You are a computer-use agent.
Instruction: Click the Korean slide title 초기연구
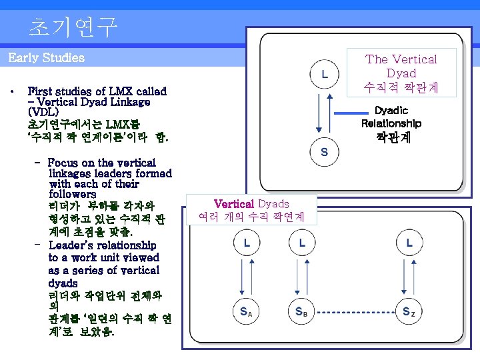click(x=73, y=27)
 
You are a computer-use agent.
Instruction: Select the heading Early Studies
click(x=47, y=58)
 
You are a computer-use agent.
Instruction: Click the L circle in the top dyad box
click(x=324, y=73)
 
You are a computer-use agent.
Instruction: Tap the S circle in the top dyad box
click(x=324, y=151)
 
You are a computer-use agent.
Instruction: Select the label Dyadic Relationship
click(x=391, y=117)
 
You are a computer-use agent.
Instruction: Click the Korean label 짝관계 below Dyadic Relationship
click(x=391, y=138)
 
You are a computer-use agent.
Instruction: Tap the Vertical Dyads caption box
click(x=251, y=210)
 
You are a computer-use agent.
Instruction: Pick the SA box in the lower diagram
click(x=246, y=311)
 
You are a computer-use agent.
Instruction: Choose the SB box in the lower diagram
click(x=301, y=311)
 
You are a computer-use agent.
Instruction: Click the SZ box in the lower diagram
click(x=409, y=311)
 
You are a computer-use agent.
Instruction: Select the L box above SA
click(x=246, y=243)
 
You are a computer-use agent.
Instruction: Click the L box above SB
click(x=301, y=243)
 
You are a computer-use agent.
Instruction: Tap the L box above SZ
click(x=409, y=243)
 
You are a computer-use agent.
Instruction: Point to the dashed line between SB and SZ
click(x=355, y=311)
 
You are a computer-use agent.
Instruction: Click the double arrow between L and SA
click(x=246, y=277)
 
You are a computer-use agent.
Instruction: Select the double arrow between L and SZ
click(x=409, y=277)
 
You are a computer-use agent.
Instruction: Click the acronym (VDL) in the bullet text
click(x=43, y=113)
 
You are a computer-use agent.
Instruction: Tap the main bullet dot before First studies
click(x=13, y=91)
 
